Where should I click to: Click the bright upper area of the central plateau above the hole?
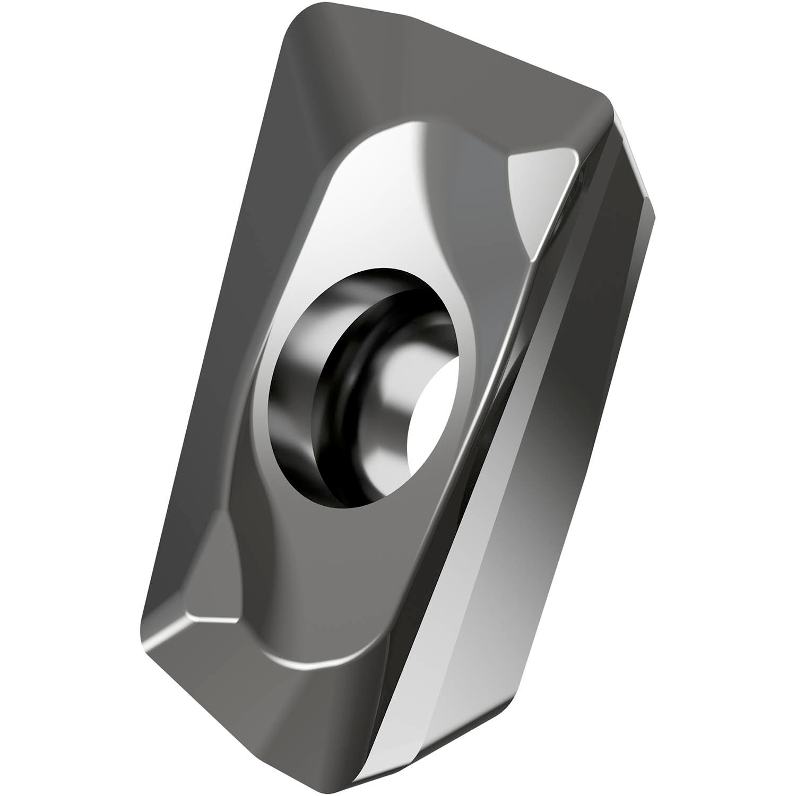[x=382, y=175]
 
